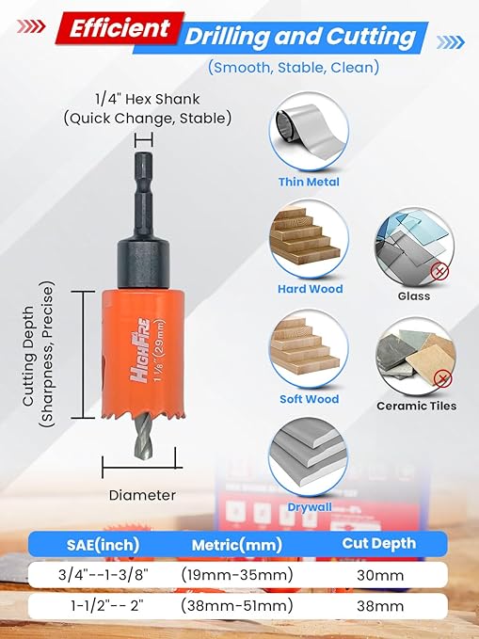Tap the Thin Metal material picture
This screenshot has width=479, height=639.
pos(309,137)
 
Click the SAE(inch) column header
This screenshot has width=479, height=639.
pos(97,544)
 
